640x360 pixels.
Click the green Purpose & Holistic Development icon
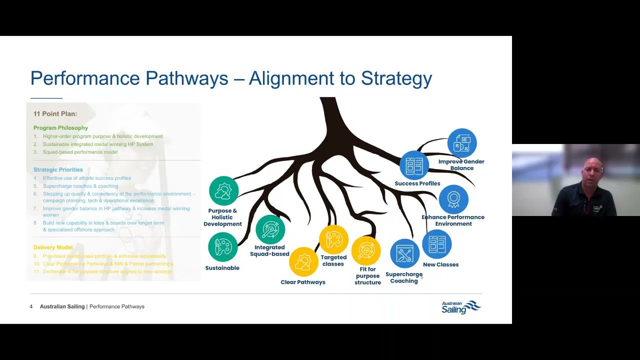[x=223, y=191]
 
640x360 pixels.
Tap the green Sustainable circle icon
[x=223, y=247]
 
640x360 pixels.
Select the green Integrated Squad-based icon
[x=270, y=229]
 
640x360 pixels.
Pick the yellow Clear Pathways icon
[x=303, y=261]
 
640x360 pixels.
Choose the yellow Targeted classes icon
[x=333, y=239]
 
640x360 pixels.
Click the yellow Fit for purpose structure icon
[x=366, y=250]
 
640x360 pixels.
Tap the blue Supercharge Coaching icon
[x=404, y=254]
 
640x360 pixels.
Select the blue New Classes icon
[x=437, y=244]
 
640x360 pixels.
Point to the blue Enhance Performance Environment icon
[x=453, y=199]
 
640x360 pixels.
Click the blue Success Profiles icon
[x=414, y=165]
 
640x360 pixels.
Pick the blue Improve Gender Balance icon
[x=462, y=143]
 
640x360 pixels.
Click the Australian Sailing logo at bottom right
[x=461, y=307]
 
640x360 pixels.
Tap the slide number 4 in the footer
[x=31, y=306]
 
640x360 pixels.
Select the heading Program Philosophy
[x=60, y=128]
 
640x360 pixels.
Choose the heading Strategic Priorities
[x=58, y=170]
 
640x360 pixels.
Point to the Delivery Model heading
[x=53, y=247]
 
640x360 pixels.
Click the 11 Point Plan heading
[x=55, y=114]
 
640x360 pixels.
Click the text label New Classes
[x=440, y=264]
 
